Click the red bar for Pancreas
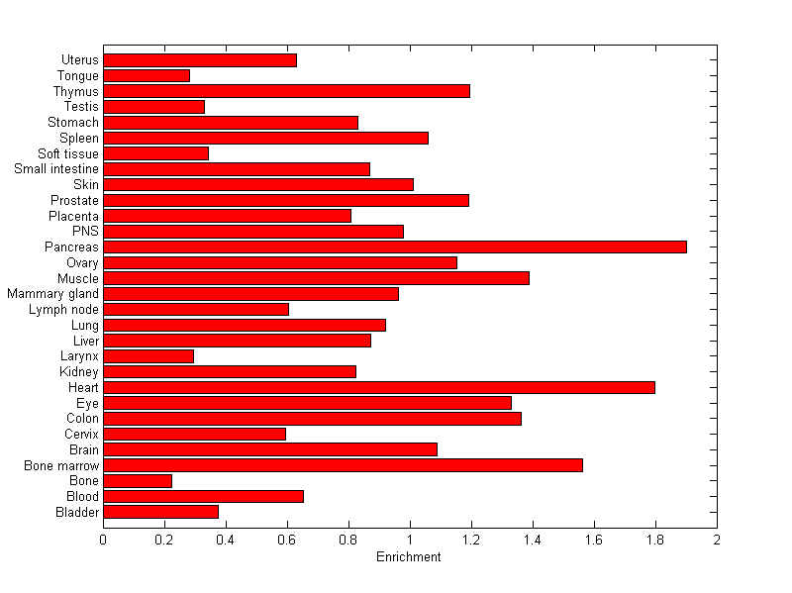[395, 247]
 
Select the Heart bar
[379, 387]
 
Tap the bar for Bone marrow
[343, 465]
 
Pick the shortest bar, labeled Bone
[138, 481]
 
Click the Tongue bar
[147, 75]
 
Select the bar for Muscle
[316, 278]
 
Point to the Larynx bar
[148, 356]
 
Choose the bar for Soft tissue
[155, 153]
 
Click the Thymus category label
[76, 91]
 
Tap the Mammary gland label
[52, 294]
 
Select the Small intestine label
[56, 169]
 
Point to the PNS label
[85, 232]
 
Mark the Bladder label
[78, 513]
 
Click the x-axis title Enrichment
[409, 557]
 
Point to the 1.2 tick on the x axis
[471, 541]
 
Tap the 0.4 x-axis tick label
[226, 541]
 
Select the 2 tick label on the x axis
[716, 541]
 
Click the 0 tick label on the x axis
[103, 541]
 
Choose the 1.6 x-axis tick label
[593, 541]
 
